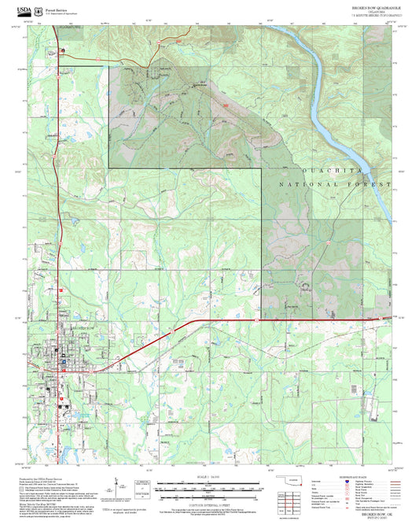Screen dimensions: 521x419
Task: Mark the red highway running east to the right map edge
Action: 314,320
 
